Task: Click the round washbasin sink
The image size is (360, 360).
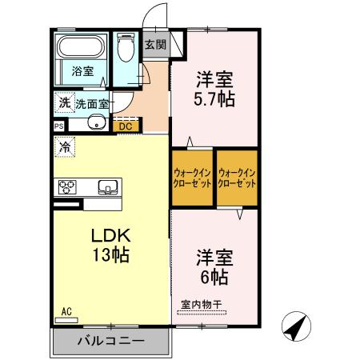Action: pyautogui.click(x=95, y=123)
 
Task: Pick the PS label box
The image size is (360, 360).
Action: pyautogui.click(x=58, y=126)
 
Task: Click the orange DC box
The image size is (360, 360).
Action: pyautogui.click(x=126, y=126)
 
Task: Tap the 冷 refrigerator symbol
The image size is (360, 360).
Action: pyautogui.click(x=63, y=147)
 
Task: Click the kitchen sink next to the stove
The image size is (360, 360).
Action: pyautogui.click(x=106, y=187)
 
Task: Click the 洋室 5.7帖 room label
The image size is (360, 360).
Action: pyautogui.click(x=215, y=90)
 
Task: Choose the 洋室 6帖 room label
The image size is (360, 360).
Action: pyautogui.click(x=215, y=268)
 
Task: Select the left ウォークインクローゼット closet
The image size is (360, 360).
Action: pyautogui.click(x=192, y=178)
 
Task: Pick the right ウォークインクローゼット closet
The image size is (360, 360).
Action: pyautogui.click(x=238, y=178)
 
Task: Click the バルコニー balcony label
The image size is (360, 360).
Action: pyautogui.click(x=110, y=341)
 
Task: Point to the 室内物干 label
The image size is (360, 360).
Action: pyautogui.click(x=200, y=304)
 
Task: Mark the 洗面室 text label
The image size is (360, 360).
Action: pyautogui.click(x=93, y=102)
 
